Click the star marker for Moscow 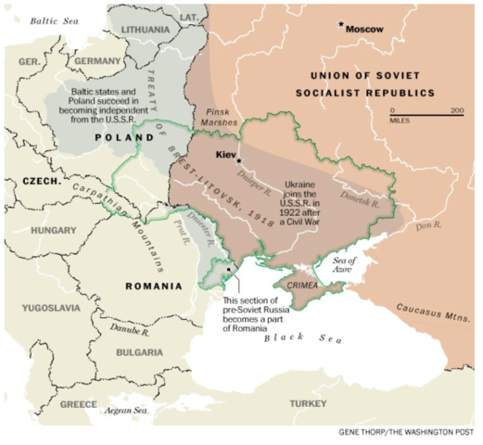pos(341,25)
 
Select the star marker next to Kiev pos(240,161)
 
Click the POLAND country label pos(123,136)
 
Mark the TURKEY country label pos(305,403)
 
